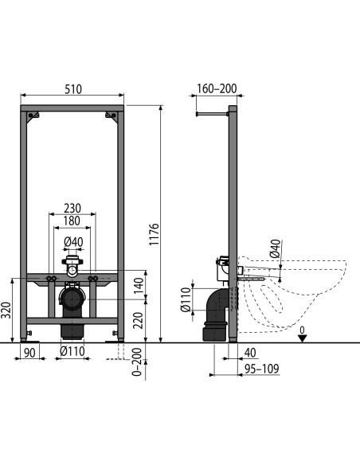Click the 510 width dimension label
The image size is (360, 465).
coord(73,89)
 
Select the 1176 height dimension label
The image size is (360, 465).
coord(154,234)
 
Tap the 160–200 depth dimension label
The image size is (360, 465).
coord(217,88)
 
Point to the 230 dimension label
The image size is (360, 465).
coord(72,208)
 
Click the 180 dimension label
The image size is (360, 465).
coord(72,221)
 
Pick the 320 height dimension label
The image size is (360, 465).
coord(6,311)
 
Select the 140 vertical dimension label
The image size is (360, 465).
coord(139,286)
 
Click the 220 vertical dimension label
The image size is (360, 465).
coord(139,321)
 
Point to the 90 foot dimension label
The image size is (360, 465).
coord(29,353)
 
